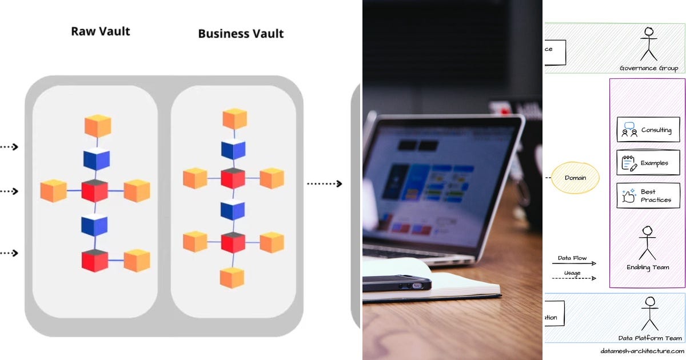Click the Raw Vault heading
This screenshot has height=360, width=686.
pos(101,31)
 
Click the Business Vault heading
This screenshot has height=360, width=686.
pos(241,34)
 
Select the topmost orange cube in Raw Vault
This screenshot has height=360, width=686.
pos(97,126)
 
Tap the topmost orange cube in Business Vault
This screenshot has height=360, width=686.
pos(234,119)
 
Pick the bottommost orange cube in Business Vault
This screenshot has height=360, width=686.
pos(232,278)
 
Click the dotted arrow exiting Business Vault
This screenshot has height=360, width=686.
pos(324,183)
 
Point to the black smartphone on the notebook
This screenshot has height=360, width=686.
pos(397,283)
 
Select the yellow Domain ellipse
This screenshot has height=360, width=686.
pos(575,178)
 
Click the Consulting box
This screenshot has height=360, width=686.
pos(648,130)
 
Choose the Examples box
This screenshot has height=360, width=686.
pos(648,163)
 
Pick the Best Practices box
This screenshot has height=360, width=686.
pos(648,195)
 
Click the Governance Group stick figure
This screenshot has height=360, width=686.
pos(649,44)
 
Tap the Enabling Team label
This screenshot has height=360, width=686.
pos(648,267)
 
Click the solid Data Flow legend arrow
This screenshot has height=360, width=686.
pos(574,263)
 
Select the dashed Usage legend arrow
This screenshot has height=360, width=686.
pos(574,278)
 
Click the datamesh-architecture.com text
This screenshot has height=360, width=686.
pos(642,351)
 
